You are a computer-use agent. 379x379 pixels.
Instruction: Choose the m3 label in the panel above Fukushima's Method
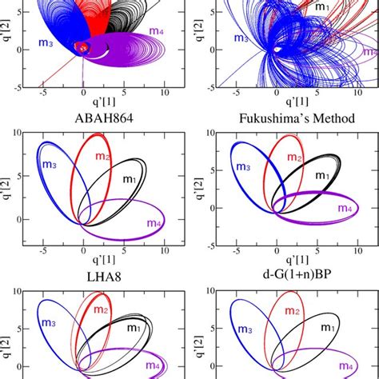click(240, 38)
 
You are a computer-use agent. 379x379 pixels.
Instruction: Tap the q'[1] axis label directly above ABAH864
click(96, 102)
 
